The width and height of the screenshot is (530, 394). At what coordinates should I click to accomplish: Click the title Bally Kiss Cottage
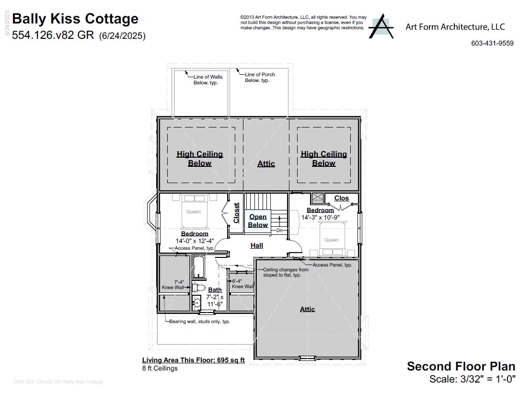[x=75, y=19]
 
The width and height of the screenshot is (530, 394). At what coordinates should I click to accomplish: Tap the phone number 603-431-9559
[x=492, y=43]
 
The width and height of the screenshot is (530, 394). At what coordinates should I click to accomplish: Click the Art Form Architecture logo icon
[x=381, y=26]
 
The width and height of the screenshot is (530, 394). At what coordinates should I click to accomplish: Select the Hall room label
[x=257, y=245]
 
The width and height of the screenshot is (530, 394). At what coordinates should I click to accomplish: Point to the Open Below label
[x=258, y=221]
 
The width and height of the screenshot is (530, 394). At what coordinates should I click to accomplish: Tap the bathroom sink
[x=196, y=302]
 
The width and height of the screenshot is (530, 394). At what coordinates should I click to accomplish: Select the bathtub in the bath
[x=198, y=267]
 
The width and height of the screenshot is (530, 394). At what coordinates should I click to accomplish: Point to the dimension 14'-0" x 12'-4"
[x=195, y=241]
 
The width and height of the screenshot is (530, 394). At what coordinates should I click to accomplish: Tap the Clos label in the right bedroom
[x=341, y=198]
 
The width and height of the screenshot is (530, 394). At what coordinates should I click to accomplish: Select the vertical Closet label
[x=236, y=213]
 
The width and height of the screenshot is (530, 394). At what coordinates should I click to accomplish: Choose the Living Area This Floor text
[x=193, y=360]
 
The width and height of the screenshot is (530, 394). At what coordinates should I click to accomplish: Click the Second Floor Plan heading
[x=461, y=366]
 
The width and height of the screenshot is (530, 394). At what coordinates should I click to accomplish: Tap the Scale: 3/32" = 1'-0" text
[x=472, y=379]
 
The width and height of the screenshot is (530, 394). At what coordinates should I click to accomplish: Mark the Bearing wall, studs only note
[x=199, y=321]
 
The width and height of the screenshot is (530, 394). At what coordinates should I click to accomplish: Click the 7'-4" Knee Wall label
[x=173, y=285]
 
